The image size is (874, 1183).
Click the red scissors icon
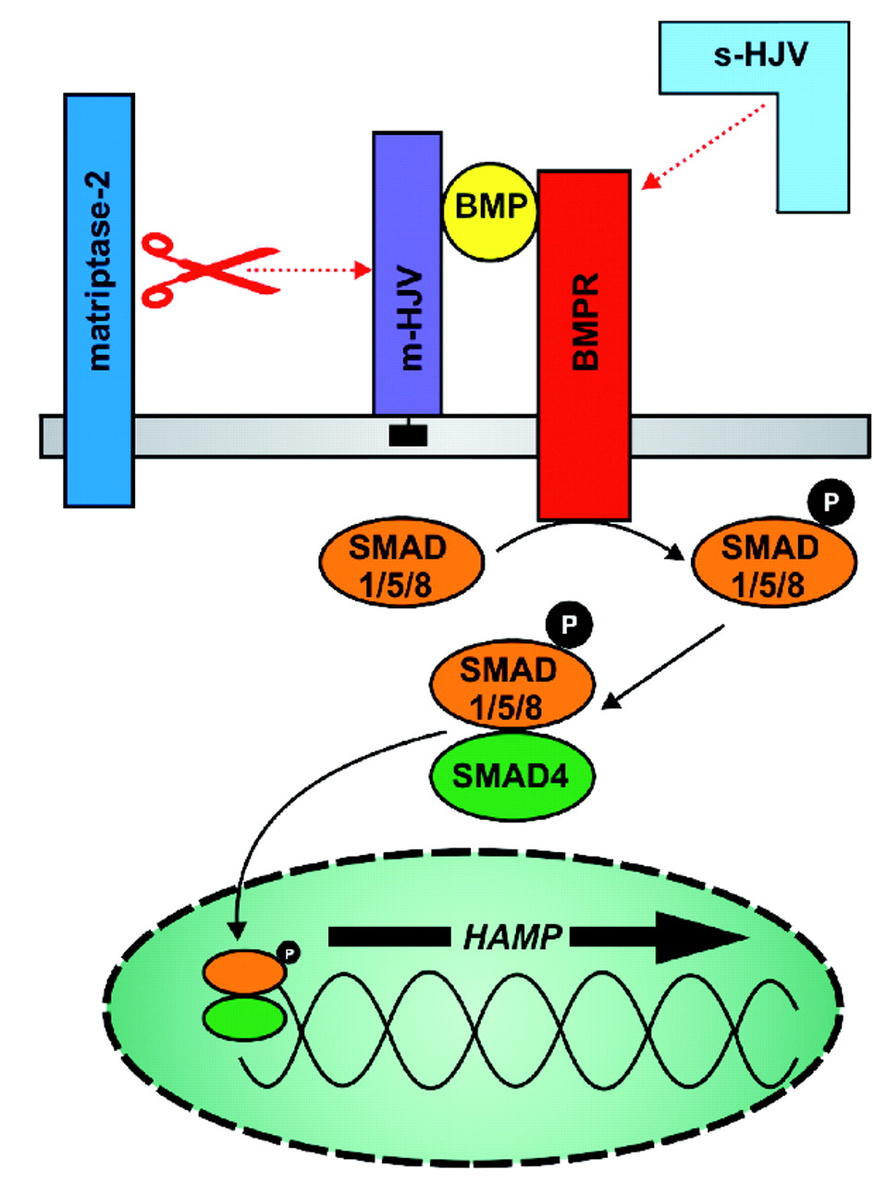tap(208, 269)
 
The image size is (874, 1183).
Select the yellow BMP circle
tap(491, 211)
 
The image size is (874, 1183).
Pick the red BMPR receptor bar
tap(585, 342)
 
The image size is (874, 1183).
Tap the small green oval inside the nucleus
tap(243, 1019)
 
